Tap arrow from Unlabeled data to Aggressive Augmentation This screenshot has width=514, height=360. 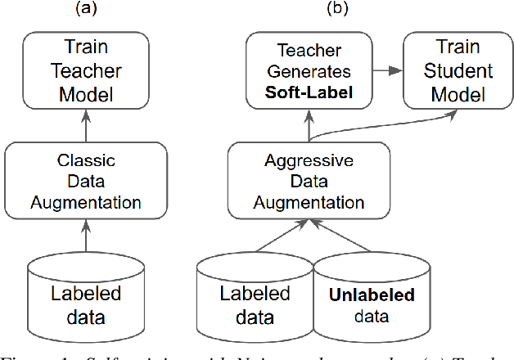pos(344,237)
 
